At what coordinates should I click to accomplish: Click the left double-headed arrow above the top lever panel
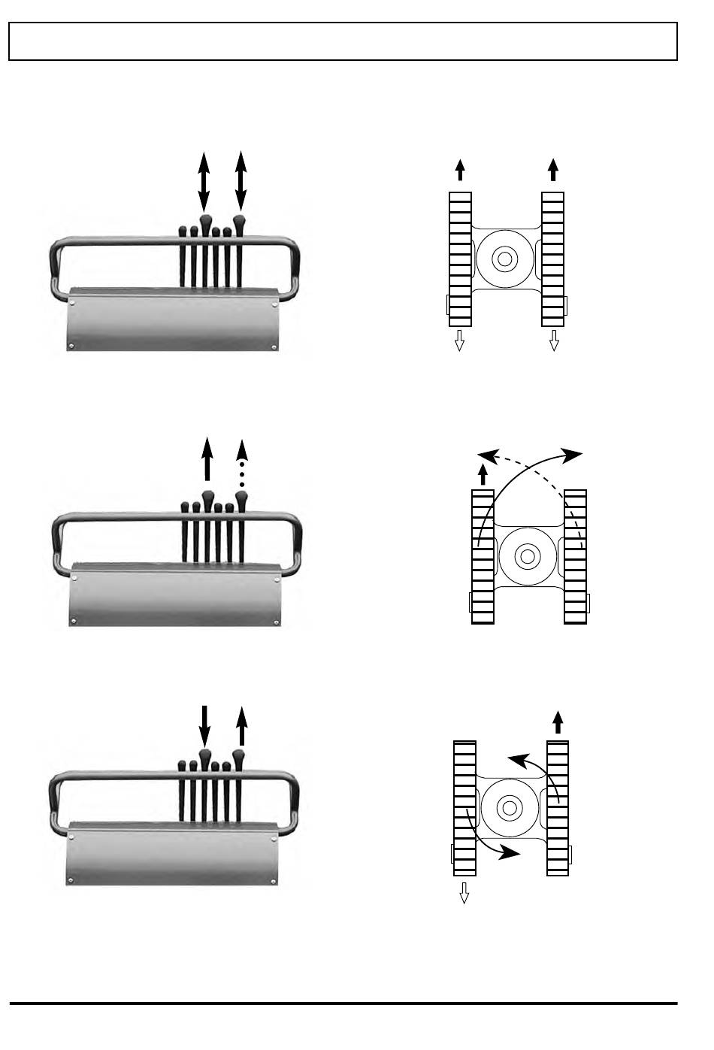tap(204, 180)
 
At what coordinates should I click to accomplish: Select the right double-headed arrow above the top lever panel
tap(241, 180)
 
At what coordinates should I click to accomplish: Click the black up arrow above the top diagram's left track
tap(460, 170)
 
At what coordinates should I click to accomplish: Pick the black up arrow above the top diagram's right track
tap(553, 170)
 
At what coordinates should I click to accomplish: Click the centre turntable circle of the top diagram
tap(504, 259)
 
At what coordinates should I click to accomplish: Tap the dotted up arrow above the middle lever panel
tap(241, 460)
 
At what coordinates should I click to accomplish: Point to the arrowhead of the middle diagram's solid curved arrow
tap(573, 455)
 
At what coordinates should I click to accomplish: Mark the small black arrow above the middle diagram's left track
tap(483, 474)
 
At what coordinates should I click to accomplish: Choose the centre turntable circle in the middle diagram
tap(527, 557)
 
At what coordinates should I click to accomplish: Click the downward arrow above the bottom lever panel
tap(204, 726)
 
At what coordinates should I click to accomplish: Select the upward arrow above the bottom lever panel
tap(241, 726)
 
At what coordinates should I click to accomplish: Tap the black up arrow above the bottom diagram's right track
tap(558, 722)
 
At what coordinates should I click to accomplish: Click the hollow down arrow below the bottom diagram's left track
tap(464, 893)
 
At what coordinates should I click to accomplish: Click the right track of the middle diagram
tap(575, 557)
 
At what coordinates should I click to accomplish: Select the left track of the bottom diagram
tap(464, 809)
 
